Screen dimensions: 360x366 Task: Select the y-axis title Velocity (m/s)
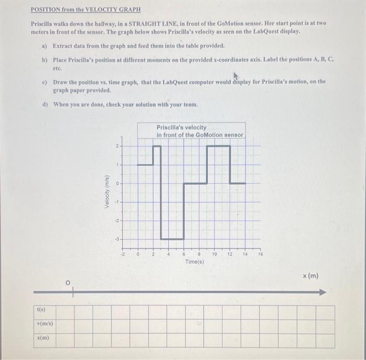(x=107, y=192)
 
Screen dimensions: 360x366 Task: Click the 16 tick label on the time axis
(x=260, y=254)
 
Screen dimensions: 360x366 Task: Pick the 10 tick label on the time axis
(x=214, y=254)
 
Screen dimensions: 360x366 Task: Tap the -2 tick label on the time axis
(x=123, y=254)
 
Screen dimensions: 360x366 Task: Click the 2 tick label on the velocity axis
(x=118, y=145)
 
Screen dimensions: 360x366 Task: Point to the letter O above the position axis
(x=67, y=283)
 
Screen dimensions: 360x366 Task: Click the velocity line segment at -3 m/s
(x=172, y=239)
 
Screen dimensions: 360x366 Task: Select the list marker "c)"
(x=45, y=82)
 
